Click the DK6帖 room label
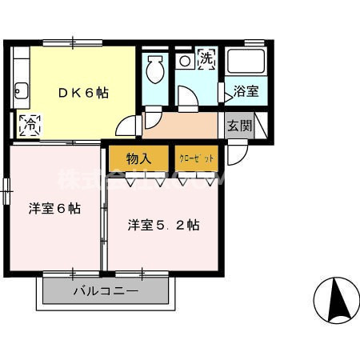pyautogui.click(x=83, y=92)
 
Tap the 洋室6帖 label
pyautogui.click(x=54, y=209)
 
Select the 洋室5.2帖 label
pyautogui.click(x=163, y=225)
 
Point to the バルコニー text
pyautogui.click(x=106, y=292)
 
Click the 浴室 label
pyautogui.click(x=246, y=92)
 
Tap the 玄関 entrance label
pyautogui.click(x=238, y=125)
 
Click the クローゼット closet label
pyautogui.click(x=196, y=158)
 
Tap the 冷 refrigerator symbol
pyautogui.click(x=30, y=125)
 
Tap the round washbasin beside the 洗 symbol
pyautogui.click(x=185, y=61)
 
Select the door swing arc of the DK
pyautogui.click(x=126, y=126)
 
